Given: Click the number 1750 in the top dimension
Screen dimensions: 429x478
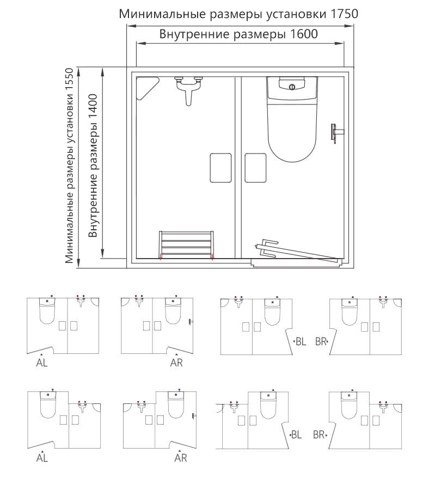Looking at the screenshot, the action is coord(344,14).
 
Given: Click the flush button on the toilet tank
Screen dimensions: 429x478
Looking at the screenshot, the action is coord(292,87).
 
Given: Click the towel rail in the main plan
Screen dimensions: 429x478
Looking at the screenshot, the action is coord(186,245).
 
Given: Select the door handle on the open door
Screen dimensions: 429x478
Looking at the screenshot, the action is coord(266,248).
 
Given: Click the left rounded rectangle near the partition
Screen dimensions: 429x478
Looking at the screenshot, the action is coord(220,168).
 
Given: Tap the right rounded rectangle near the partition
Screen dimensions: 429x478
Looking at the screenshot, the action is coord(255,168).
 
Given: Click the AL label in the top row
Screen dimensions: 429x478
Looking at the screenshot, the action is coord(42,363).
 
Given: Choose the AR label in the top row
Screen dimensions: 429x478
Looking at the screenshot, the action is coord(176,363).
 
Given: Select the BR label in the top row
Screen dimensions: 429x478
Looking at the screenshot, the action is coord(321,341).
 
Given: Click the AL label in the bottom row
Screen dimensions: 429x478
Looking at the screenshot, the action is coord(42,458).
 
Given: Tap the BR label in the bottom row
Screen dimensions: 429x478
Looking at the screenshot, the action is coord(319,434).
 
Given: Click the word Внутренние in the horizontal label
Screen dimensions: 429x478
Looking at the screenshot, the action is coord(194,34).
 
